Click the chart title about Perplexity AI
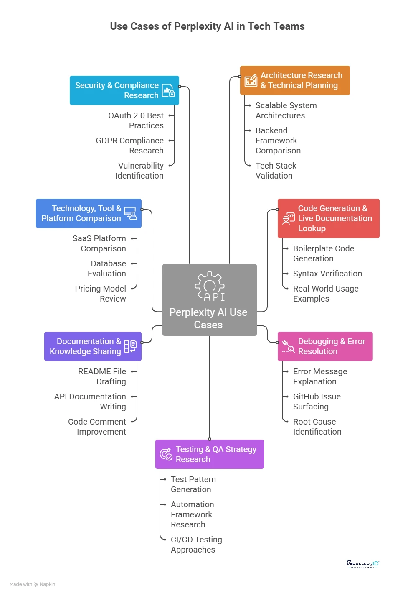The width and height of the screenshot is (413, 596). [x=207, y=26]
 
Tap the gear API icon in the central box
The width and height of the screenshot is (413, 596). [x=210, y=286]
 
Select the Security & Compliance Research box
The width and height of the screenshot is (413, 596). [x=124, y=90]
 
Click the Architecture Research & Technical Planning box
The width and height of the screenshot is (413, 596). [x=295, y=80]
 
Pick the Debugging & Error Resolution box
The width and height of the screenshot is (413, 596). [x=325, y=346]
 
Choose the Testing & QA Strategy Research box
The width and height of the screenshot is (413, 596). [x=209, y=454]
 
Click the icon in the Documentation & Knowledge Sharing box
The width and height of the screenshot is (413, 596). [x=131, y=346]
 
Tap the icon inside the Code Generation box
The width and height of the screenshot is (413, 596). [x=288, y=218]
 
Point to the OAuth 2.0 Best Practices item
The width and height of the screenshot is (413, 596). [x=136, y=120]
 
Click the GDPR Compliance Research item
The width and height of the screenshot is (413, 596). [x=129, y=146]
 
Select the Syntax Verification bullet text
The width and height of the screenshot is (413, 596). [x=327, y=274]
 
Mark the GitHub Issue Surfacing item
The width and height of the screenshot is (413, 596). [x=317, y=402]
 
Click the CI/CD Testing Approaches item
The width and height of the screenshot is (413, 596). [x=196, y=545]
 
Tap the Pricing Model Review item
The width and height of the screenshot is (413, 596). [x=100, y=294]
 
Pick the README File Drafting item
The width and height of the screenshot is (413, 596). [x=102, y=376]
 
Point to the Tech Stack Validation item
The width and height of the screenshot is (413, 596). [x=276, y=171]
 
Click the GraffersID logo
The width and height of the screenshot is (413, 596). [x=363, y=564]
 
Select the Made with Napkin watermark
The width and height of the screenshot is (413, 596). [x=32, y=584]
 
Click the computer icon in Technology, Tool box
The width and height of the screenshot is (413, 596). [x=131, y=213]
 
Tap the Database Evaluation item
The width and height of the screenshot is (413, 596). [x=107, y=269]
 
